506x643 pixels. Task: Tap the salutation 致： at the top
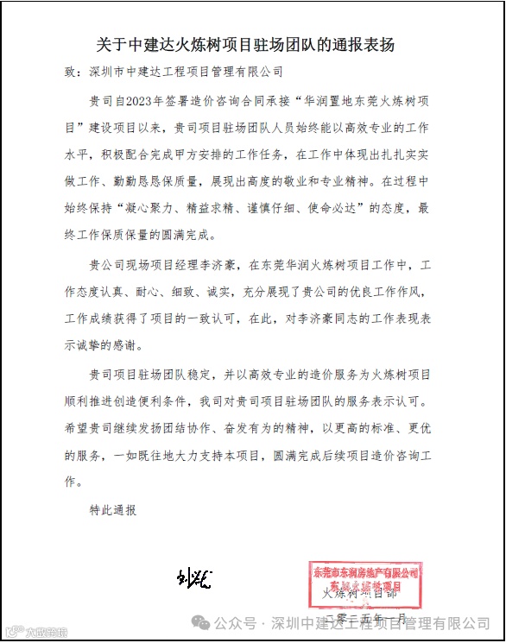click(x=76, y=72)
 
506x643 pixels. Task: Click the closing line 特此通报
click(x=113, y=510)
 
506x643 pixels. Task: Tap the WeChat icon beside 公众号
click(x=200, y=623)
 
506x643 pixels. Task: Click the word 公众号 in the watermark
click(x=233, y=623)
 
